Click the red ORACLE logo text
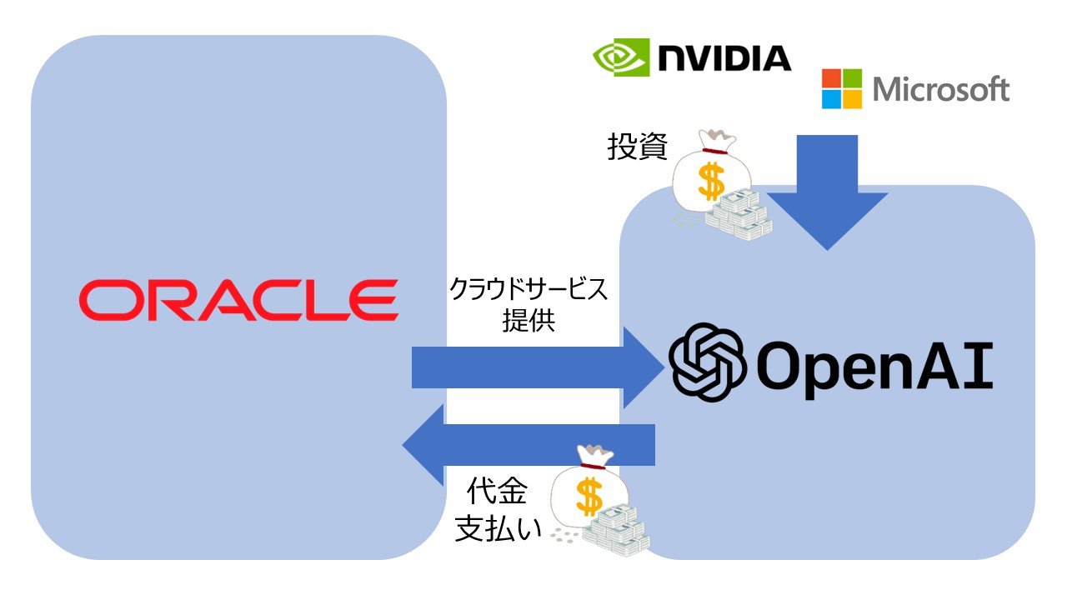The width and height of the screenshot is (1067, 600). [238, 300]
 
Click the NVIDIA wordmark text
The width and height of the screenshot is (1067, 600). [724, 58]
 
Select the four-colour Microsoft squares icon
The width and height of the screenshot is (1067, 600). [842, 89]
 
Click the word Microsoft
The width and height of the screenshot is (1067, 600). [941, 89]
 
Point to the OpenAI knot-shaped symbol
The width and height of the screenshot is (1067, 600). [707, 362]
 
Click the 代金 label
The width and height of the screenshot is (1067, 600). [498, 492]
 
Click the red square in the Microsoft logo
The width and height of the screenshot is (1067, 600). [831, 78]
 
